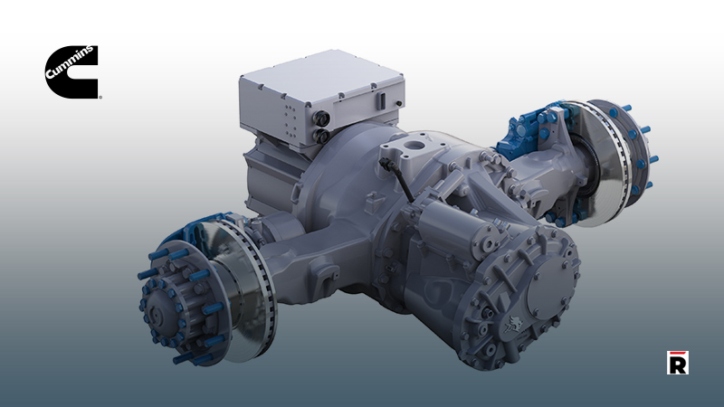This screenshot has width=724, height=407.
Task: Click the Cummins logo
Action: point(71,71)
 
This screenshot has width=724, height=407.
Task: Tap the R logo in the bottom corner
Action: point(677,362)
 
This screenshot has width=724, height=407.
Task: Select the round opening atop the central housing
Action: point(415,143)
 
